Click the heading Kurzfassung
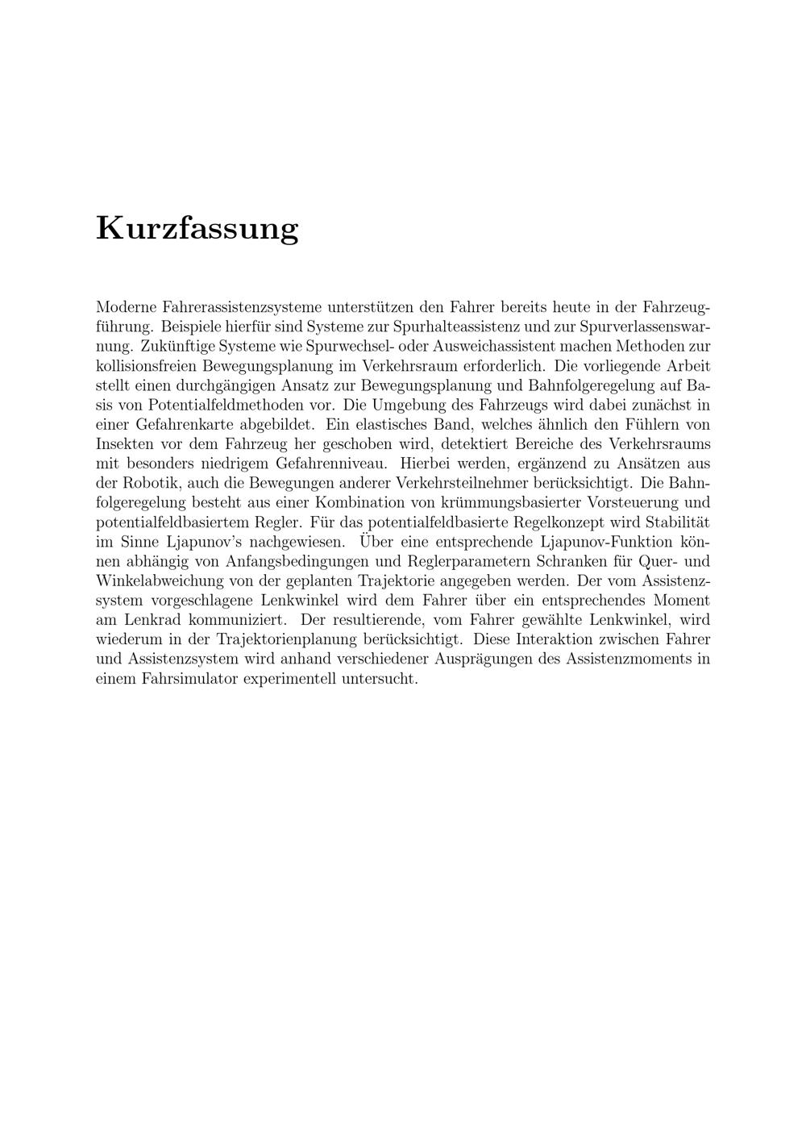pyautogui.click(x=197, y=228)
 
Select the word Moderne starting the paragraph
pyautogui.click(x=126, y=307)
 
